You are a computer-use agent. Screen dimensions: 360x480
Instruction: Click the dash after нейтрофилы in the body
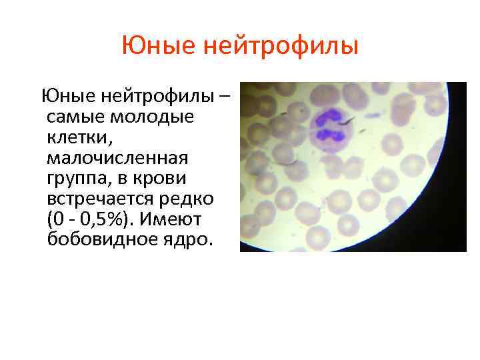(225, 97)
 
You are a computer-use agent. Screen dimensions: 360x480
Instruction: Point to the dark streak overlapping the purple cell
(348, 123)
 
